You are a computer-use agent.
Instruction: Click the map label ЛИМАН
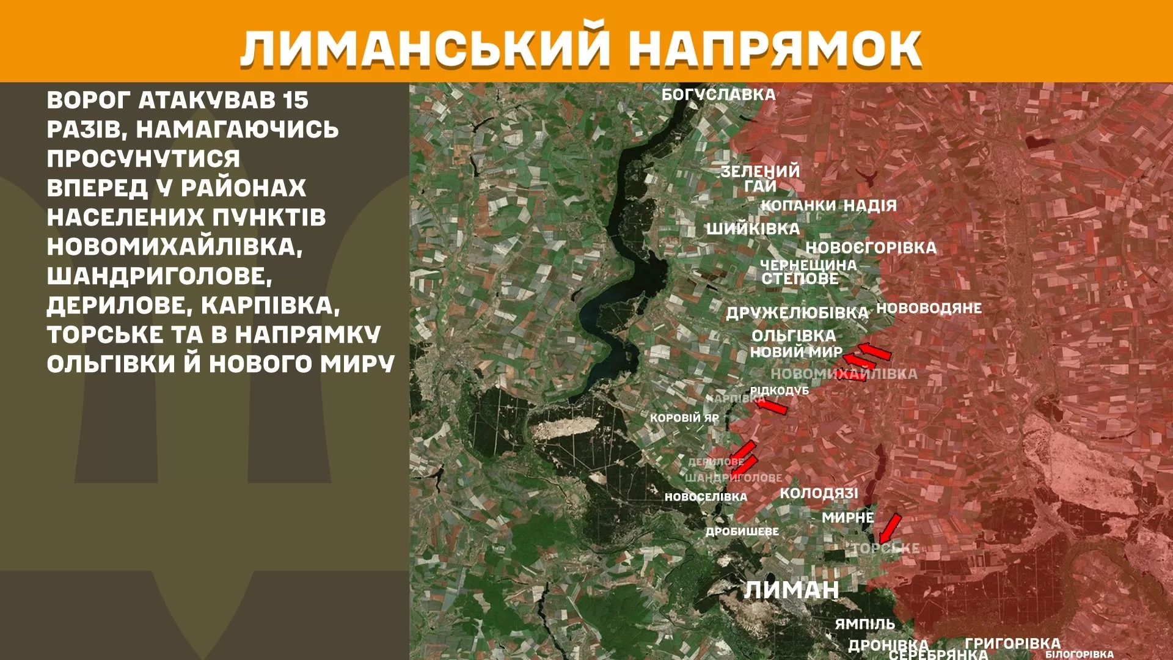pos(791,590)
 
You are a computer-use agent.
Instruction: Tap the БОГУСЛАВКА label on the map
pos(718,95)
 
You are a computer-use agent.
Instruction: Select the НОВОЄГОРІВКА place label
pos(871,248)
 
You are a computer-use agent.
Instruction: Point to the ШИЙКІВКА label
pos(753,229)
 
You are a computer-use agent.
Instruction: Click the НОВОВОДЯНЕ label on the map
pos(929,308)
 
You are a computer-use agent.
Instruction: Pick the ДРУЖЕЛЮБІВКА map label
pos(797,313)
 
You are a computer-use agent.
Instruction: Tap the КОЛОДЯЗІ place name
pos(819,493)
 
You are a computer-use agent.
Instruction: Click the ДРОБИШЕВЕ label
pos(742,532)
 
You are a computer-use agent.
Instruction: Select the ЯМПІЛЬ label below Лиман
pos(864,624)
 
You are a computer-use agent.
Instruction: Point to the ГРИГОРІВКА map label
pos(1012,643)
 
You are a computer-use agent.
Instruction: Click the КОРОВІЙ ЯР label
pos(684,418)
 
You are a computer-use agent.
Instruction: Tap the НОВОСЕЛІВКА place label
pos(706,497)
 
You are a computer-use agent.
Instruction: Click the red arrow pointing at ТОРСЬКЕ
pos(890,528)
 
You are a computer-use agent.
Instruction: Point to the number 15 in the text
pos(296,100)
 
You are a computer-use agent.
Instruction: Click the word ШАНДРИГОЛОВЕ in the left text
pos(159,276)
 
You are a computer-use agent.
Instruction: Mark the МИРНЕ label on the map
pos(847,518)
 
